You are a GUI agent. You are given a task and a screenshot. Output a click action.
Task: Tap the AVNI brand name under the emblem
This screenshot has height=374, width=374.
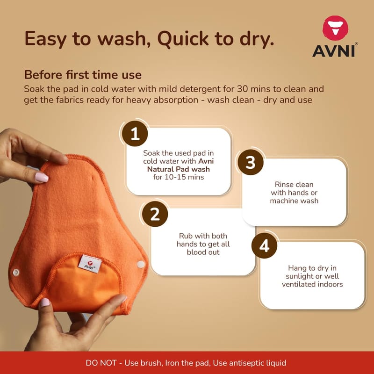click(334, 51)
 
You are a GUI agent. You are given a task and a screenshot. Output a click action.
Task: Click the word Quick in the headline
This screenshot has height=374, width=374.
click(183, 38)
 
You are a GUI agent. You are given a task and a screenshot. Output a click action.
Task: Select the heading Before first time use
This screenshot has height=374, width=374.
click(83, 75)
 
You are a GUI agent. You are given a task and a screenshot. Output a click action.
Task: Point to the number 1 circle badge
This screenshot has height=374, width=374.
click(135, 133)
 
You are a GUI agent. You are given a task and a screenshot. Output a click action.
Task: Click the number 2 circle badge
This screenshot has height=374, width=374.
click(155, 214)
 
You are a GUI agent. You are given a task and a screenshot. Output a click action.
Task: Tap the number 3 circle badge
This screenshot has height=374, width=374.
click(251, 162)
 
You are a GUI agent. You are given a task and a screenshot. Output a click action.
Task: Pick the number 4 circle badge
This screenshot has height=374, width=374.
click(264, 245)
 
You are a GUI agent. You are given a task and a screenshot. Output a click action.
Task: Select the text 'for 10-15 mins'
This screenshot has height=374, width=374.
click(179, 177)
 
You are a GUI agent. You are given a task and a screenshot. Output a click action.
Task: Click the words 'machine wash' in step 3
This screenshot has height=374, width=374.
click(294, 201)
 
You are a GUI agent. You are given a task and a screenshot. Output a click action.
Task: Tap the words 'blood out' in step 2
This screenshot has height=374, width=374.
click(203, 252)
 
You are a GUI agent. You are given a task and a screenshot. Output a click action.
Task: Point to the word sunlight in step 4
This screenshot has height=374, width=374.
click(297, 276)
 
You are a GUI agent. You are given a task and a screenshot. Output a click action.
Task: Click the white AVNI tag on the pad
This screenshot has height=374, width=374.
click(90, 264)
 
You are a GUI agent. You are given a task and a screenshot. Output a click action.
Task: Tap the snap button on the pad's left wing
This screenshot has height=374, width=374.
click(16, 272)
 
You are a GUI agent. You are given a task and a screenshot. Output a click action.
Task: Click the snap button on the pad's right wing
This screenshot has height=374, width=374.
click(141, 264)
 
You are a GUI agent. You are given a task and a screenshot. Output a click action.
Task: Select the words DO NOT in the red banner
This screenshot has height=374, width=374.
click(101, 363)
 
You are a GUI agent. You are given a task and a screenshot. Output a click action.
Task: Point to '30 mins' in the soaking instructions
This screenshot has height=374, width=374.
click(254, 89)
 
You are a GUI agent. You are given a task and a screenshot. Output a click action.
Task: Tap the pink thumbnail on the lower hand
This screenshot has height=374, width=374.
click(44, 302)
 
